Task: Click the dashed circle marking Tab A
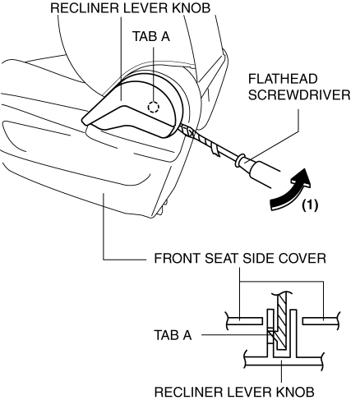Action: [x=154, y=107]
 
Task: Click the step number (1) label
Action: [x=310, y=205]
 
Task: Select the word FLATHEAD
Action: [x=283, y=80]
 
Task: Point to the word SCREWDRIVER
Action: [x=299, y=95]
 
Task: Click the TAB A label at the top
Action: [x=151, y=36]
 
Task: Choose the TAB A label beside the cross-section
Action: [x=173, y=335]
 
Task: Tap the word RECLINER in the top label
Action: [x=85, y=7]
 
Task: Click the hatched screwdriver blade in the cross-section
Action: [x=282, y=323]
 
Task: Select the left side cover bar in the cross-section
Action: [x=244, y=321]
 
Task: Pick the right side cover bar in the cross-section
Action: [x=321, y=321]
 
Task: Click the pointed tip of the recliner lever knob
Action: [x=82, y=120]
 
